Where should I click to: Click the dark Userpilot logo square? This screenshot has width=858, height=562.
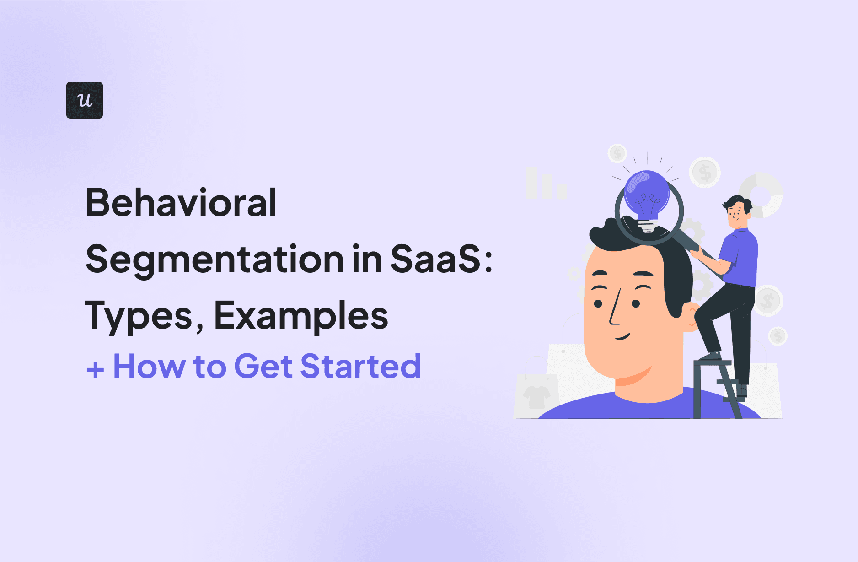coord(85,100)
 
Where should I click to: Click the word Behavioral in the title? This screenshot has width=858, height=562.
coord(181,203)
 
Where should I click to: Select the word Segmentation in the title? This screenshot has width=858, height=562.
coord(214,259)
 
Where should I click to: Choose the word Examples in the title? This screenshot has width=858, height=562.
coord(301,316)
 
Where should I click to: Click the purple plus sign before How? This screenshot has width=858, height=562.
coord(96,369)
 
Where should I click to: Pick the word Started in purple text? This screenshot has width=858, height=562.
coord(360,366)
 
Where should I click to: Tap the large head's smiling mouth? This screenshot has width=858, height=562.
coord(623,338)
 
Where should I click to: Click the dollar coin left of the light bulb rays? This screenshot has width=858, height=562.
coord(617,153)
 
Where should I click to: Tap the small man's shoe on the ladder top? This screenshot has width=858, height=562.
coord(710,356)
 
